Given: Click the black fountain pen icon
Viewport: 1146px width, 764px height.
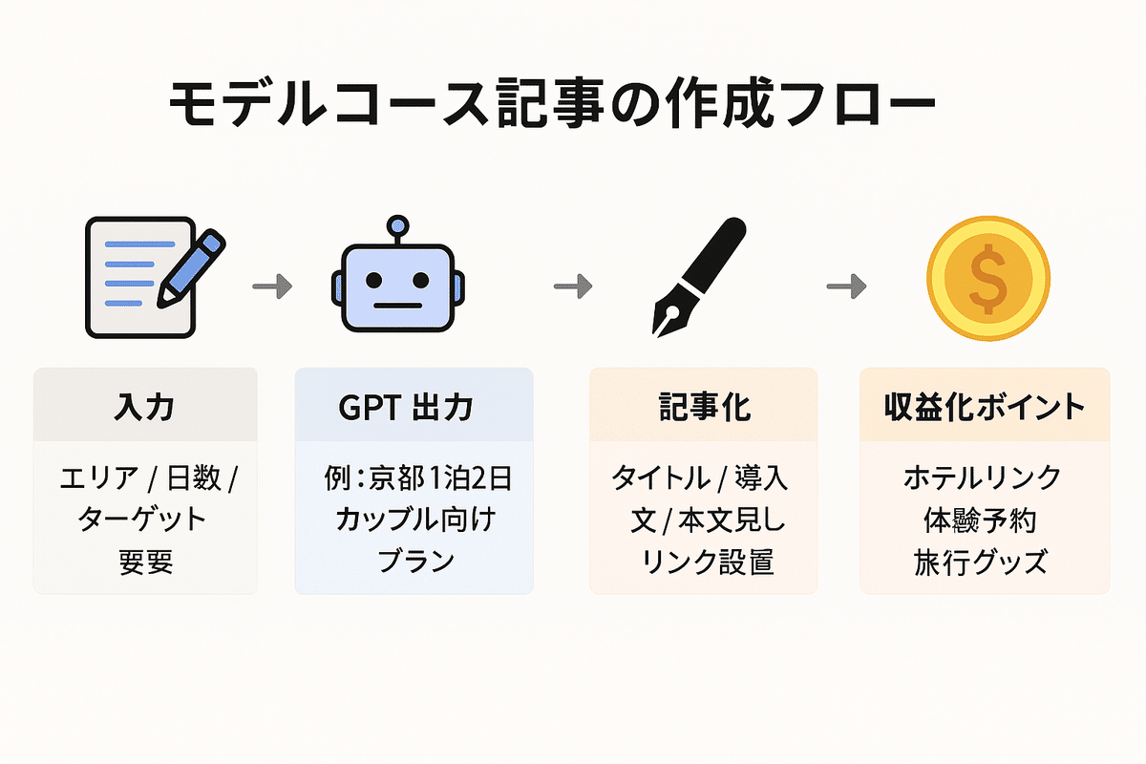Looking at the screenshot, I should (697, 277).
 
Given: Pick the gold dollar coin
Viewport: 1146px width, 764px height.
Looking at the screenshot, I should (987, 278).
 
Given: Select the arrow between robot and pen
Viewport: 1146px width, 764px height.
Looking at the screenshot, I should (573, 285).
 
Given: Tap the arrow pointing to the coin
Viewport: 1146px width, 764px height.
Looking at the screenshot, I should (845, 285).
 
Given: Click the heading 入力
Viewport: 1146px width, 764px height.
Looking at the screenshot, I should (144, 407).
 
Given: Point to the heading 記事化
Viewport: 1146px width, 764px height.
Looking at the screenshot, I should (704, 407).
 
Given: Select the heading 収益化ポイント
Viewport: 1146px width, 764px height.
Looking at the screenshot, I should (985, 407).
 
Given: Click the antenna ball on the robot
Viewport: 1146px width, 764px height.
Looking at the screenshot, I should (396, 227).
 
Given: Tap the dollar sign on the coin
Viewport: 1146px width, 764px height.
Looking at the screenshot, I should (987, 278).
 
